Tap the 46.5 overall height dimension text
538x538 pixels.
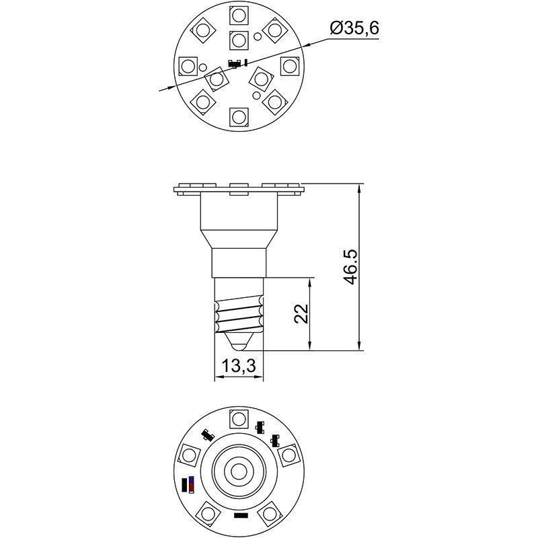click(x=350, y=267)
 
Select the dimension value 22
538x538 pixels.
click(x=302, y=314)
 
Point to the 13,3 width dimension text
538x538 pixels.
click(x=239, y=366)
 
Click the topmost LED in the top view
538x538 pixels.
click(x=239, y=14)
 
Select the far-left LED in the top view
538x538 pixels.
click(x=188, y=66)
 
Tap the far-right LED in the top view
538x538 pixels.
click(x=289, y=66)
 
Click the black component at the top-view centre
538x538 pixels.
click(x=235, y=64)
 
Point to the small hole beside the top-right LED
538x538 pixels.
click(x=259, y=36)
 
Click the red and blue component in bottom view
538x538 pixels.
click(x=192, y=484)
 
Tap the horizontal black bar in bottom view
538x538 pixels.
click(x=240, y=516)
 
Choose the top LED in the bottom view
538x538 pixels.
click(x=239, y=418)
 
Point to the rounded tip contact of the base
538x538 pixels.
click(x=239, y=343)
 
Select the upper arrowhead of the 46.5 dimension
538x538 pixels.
click(x=360, y=189)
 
